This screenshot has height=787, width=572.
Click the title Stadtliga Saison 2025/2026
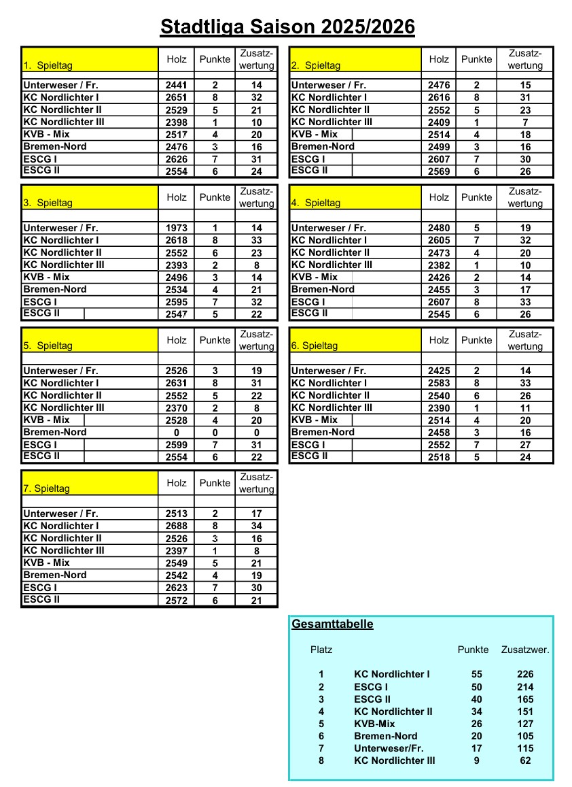pyautogui.click(x=287, y=27)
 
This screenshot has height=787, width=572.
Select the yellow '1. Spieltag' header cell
pyautogui.click(x=90, y=60)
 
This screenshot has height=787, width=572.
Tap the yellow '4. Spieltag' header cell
pyautogui.click(x=355, y=197)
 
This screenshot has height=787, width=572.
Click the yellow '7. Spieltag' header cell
pyautogui.click(x=90, y=483)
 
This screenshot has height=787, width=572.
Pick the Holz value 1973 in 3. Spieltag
pyautogui.click(x=176, y=229)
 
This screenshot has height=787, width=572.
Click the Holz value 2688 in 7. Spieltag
pyautogui.click(x=176, y=526)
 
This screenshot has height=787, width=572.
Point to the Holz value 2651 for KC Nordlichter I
pyautogui.click(x=176, y=98)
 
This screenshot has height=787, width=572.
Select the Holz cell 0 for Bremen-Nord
pyautogui.click(x=176, y=433)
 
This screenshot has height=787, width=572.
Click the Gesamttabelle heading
pyautogui.click(x=332, y=624)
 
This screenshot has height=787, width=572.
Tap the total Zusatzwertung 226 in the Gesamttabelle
pyautogui.click(x=525, y=675)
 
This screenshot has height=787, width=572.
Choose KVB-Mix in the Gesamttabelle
pyautogui.click(x=374, y=724)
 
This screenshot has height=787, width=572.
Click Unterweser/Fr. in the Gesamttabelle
pyautogui.click(x=389, y=748)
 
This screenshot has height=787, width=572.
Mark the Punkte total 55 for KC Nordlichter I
pyautogui.click(x=476, y=675)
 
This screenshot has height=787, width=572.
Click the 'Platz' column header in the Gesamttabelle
pyautogui.click(x=321, y=650)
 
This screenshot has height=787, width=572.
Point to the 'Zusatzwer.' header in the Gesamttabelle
pyautogui.click(x=525, y=650)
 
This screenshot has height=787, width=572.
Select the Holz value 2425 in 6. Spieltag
pyautogui.click(x=439, y=371)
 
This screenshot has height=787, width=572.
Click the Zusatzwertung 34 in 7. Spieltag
pyautogui.click(x=256, y=526)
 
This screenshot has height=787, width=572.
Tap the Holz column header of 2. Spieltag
pyautogui.click(x=439, y=59)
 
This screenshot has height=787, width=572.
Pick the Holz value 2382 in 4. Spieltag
pyautogui.click(x=439, y=265)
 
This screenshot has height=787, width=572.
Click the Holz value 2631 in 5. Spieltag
pyautogui.click(x=176, y=384)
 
